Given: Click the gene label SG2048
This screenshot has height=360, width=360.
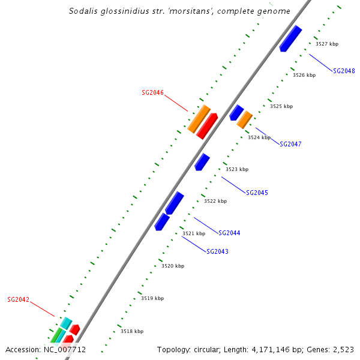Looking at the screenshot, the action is (344, 71).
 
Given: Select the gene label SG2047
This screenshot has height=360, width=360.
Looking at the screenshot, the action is (290, 144).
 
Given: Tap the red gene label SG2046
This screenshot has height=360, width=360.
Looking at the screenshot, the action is (152, 92).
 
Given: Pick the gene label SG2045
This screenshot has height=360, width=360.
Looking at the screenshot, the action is (257, 193).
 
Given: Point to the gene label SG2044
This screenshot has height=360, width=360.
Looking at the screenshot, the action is (229, 233).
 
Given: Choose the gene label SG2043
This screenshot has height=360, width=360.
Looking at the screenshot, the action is (217, 251).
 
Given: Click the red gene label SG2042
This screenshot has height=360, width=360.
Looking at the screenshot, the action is (18, 299).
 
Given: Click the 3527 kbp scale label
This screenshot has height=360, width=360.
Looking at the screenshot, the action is (327, 44).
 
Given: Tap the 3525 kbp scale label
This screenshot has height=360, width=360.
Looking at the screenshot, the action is (281, 106).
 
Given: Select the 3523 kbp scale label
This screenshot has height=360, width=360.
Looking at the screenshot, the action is (236, 169).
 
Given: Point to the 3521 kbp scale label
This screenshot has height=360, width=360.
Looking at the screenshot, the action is (194, 233).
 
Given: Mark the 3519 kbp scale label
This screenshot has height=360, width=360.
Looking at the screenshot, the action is (152, 298).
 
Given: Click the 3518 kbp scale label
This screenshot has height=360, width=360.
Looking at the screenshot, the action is (132, 331).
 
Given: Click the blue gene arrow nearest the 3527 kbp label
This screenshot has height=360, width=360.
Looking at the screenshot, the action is (290, 38).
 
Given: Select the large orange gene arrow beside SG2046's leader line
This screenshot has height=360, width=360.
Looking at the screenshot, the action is (199, 119).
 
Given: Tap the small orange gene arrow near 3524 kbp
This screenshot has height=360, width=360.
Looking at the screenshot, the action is (244, 120).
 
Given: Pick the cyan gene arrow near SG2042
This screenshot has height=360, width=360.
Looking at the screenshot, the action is (65, 323).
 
